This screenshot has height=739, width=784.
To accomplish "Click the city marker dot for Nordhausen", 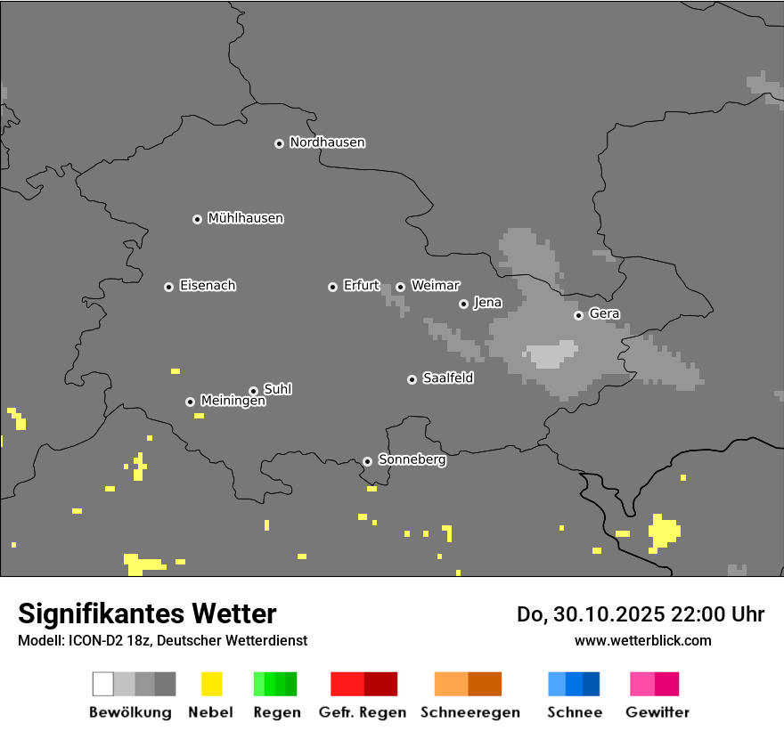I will point(279,143).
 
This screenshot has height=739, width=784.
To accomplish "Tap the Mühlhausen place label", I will point(245,218).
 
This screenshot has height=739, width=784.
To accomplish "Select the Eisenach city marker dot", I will point(168,287).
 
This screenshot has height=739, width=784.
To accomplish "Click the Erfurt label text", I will point(361,286).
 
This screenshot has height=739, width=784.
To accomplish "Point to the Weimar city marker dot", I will point(400,287).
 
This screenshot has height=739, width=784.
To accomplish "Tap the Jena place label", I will point(487,303).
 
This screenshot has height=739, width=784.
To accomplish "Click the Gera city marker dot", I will point(578,315).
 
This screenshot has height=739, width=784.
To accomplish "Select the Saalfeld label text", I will point(447,378).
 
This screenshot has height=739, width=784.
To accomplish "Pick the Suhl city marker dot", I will point(253,391).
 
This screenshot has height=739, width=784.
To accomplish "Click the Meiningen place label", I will point(233,402).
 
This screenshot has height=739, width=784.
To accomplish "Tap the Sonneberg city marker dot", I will point(367,461).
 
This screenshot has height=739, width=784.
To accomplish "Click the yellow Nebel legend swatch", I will point(211,684).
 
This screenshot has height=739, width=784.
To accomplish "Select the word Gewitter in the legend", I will point(657,712).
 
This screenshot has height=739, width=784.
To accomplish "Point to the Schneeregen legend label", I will point(470,712).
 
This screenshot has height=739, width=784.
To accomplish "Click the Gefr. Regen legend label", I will point(362,712).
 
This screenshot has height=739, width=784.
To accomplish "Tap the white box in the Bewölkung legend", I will point(103,684).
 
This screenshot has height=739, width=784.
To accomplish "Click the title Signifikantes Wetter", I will point(147,613).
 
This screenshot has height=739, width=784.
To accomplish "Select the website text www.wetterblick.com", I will point(642,641).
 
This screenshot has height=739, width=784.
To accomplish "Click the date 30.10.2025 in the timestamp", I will point(596,614).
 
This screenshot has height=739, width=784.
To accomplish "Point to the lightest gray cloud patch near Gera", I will point(550,354).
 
